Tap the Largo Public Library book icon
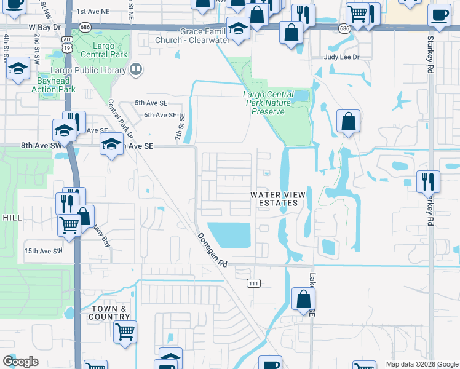(136, 69)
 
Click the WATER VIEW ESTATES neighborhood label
(274, 199)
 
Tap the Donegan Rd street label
(213, 249)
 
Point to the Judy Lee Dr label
(341, 57)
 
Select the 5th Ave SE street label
(151, 103)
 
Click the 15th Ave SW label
(44, 251)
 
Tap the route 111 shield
(253, 283)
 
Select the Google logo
(20, 362)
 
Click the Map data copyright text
(422, 364)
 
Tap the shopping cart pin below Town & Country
(125, 331)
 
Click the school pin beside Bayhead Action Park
(18, 69)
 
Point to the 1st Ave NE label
(92, 11)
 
